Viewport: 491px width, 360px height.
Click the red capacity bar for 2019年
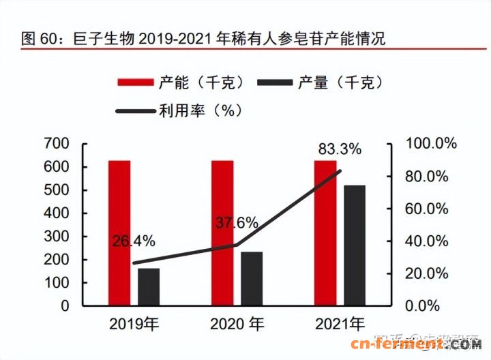click(x=119, y=232)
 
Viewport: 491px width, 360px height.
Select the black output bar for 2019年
click(x=149, y=286)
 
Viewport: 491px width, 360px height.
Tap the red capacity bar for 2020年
click(x=222, y=232)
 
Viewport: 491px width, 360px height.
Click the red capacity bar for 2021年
click(x=325, y=232)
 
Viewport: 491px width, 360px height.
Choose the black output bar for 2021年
click(x=355, y=245)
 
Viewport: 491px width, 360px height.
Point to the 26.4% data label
click(x=134, y=241)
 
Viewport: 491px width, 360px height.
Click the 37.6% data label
click(x=237, y=222)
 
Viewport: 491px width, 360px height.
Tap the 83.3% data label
click(x=340, y=149)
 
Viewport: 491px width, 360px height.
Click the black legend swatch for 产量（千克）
click(x=276, y=82)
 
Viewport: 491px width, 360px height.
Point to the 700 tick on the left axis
click(x=57, y=143)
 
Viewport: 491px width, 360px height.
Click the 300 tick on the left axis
click(x=57, y=236)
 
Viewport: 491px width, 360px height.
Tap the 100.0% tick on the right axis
click(x=432, y=143)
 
